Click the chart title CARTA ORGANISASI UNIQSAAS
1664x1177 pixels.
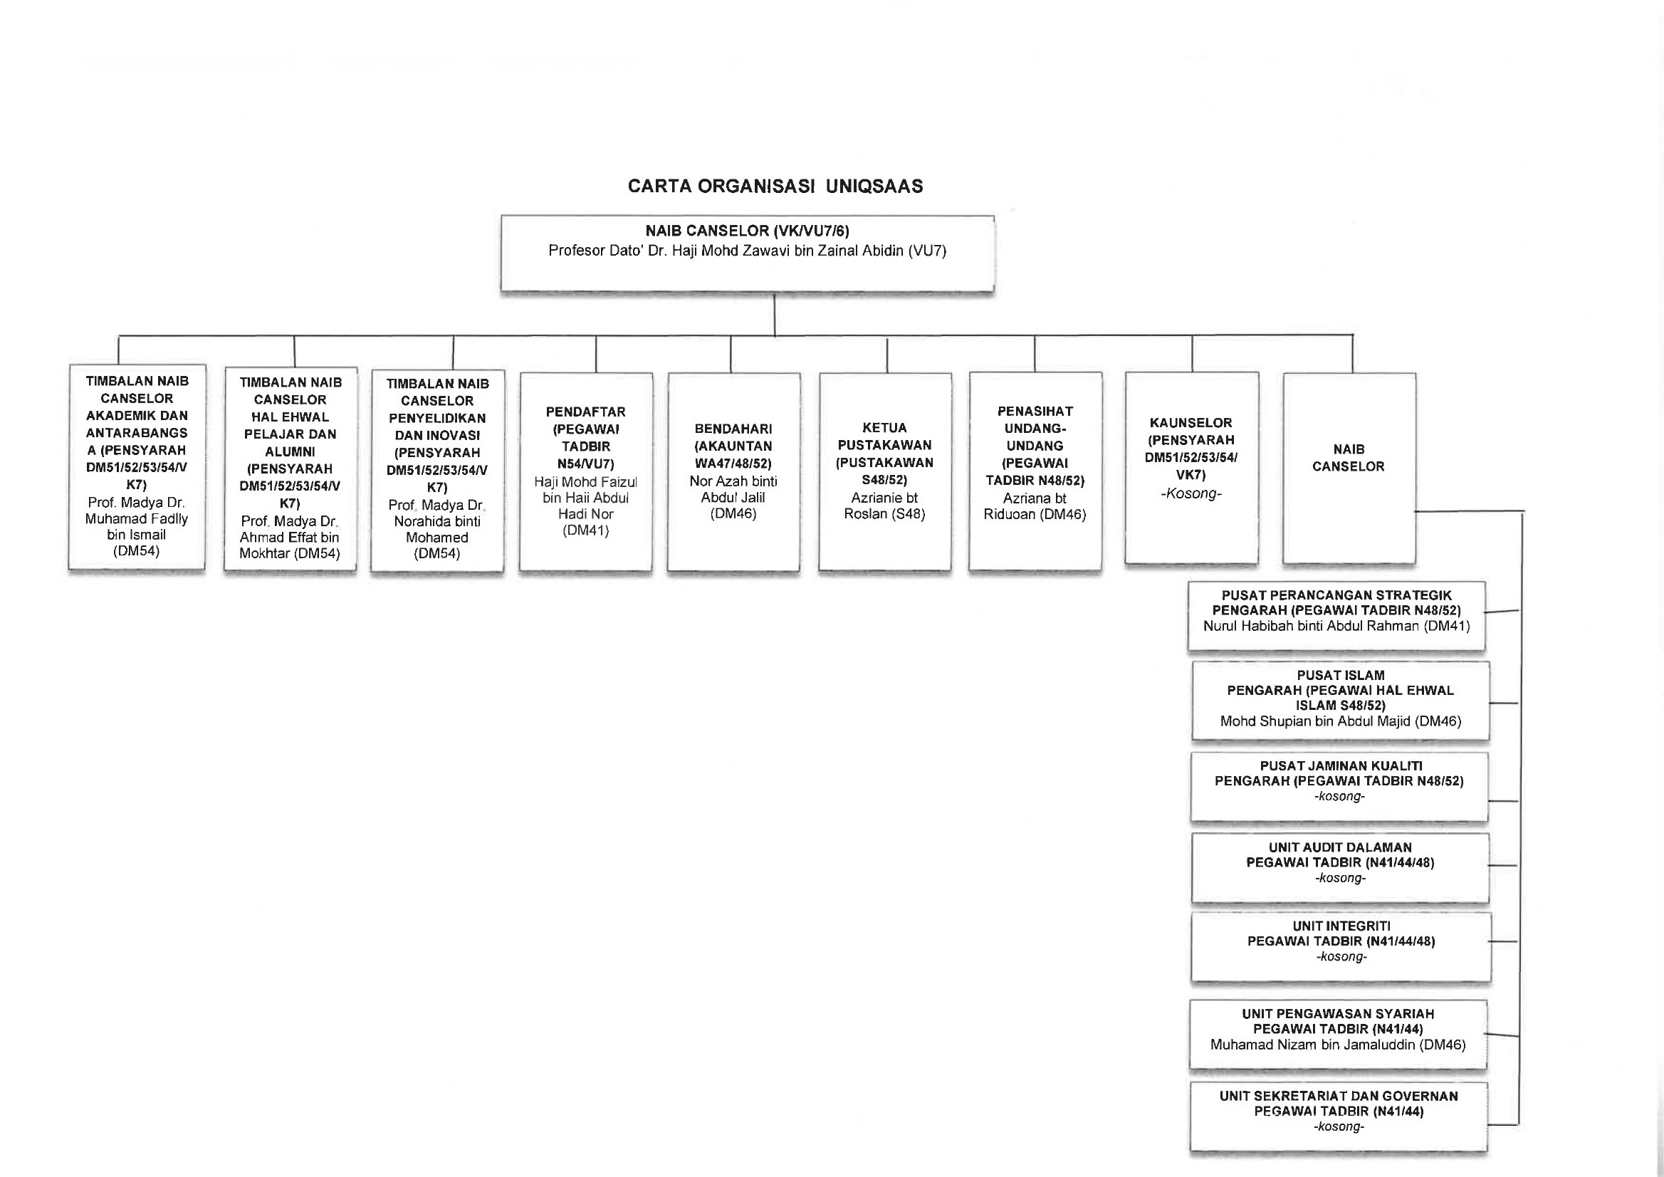pos(775,187)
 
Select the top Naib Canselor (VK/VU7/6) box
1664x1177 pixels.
pos(747,253)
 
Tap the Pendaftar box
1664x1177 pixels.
pos(586,472)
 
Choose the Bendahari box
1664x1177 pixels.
pos(733,472)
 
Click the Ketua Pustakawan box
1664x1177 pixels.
pos(885,472)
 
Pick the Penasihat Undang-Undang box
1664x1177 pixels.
pos(1035,471)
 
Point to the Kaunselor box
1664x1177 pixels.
pos(1191,469)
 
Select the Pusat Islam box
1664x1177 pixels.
pos(1341,701)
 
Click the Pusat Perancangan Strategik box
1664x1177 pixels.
pos(1336,616)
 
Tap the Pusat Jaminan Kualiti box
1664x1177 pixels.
pos(1339,787)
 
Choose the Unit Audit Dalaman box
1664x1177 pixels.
pos(1341,868)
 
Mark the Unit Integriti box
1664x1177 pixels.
pos(1341,947)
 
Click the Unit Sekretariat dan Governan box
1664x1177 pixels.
pos(1339,1117)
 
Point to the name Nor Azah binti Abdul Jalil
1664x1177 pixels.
pos(733,489)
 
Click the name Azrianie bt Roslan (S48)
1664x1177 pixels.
pos(885,506)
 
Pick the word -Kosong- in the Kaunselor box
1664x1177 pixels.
pos(1191,493)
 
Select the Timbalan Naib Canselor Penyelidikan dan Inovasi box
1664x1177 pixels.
pos(437,473)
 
